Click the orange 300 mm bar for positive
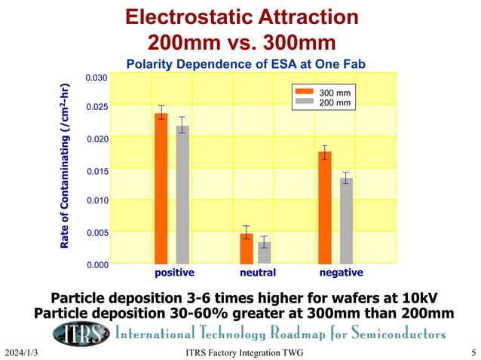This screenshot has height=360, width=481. tap(161, 188)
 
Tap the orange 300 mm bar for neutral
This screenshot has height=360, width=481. tap(247, 248)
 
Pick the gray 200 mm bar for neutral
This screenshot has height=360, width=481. tap(264, 252)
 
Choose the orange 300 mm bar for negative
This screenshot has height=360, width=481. tap(325, 207)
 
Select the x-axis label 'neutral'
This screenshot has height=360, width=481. tap(258, 273)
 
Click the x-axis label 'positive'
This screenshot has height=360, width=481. tap(174, 273)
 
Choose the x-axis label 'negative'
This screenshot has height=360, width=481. tap(341, 273)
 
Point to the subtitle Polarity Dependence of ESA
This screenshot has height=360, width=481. tap(240, 65)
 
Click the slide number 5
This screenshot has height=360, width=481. tap(473, 352)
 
